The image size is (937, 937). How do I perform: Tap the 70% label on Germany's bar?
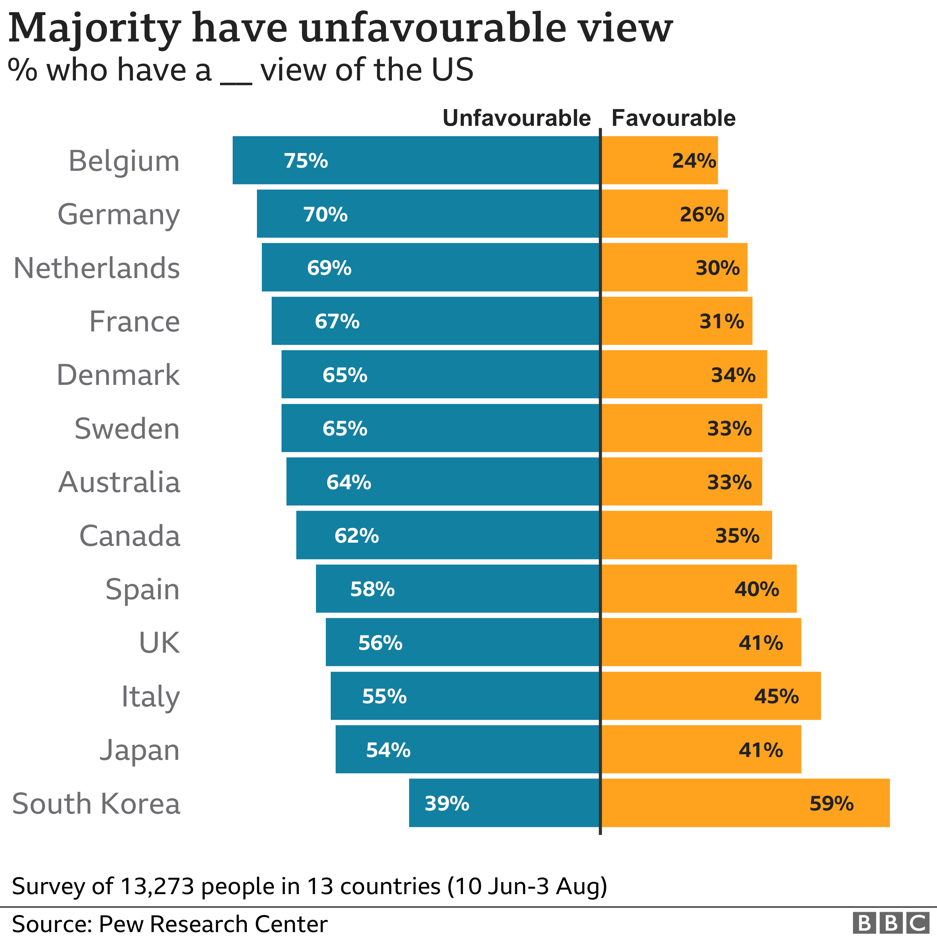tap(325, 214)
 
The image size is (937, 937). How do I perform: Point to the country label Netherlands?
tap(97, 268)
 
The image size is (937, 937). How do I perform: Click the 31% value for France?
tap(721, 321)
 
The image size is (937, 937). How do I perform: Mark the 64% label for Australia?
tap(349, 482)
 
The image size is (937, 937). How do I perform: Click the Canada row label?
tap(129, 536)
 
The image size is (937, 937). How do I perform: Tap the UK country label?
tap(159, 642)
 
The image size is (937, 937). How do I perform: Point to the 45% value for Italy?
tap(776, 697)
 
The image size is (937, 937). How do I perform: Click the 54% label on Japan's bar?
tap(388, 750)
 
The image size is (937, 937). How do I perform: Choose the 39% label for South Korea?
tap(447, 803)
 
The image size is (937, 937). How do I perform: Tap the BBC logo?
tap(891, 923)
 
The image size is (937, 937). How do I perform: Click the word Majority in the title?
tap(95, 28)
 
